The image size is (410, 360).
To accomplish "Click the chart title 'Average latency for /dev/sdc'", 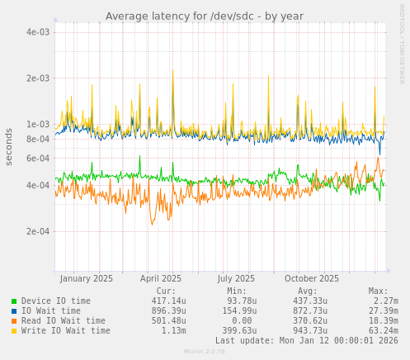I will [x=204, y=17].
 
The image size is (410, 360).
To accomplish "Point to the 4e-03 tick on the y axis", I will [x=38, y=32].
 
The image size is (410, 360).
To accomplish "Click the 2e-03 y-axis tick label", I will [x=38, y=78].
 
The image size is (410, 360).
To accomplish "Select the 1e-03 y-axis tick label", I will [x=38, y=125].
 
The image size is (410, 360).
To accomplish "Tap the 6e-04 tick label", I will [x=38, y=159].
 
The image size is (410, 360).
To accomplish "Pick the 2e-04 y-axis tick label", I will [x=38, y=231].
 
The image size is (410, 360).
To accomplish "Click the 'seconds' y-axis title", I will [x=10, y=146].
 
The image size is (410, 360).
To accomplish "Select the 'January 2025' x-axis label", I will [x=87, y=279].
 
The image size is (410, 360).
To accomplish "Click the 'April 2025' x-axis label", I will [x=161, y=279].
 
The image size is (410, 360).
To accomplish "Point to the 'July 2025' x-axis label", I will [x=237, y=279].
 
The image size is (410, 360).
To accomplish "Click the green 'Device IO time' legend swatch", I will [x=14, y=301].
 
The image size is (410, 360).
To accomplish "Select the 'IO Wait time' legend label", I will [x=50, y=311].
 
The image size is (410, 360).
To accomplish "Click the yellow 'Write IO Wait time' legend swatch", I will [x=14, y=331].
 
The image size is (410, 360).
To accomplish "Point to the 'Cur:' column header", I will [x=166, y=291].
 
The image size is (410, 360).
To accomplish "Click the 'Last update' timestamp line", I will [x=306, y=341].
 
